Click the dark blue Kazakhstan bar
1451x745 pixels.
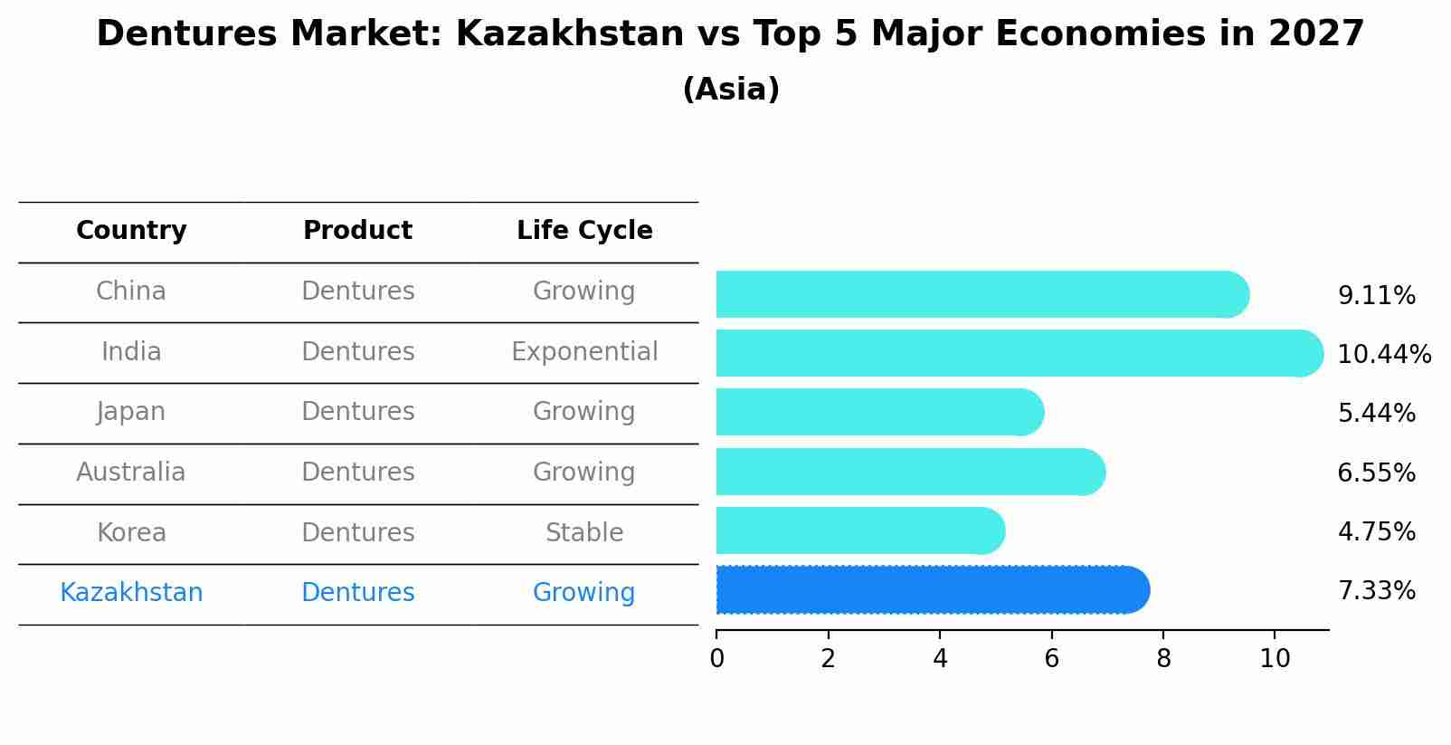[932, 590]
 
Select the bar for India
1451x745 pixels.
[1018, 353]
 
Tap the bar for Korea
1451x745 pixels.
[859, 530]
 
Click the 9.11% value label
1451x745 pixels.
[1376, 296]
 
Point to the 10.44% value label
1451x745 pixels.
[1383, 355]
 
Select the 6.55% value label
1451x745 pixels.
[1376, 473]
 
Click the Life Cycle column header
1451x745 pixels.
[584, 231]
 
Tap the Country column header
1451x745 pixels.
[131, 231]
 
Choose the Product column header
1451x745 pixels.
[357, 231]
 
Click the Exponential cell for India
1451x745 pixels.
[584, 351]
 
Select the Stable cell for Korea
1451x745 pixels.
[584, 532]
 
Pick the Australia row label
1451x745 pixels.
[131, 472]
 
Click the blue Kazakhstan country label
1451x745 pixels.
[131, 592]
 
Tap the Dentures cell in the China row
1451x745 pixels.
[357, 291]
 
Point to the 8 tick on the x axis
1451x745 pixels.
[1163, 659]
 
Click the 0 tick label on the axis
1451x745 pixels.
[716, 659]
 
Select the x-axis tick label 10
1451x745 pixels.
[1275, 659]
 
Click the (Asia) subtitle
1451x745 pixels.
[731, 90]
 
